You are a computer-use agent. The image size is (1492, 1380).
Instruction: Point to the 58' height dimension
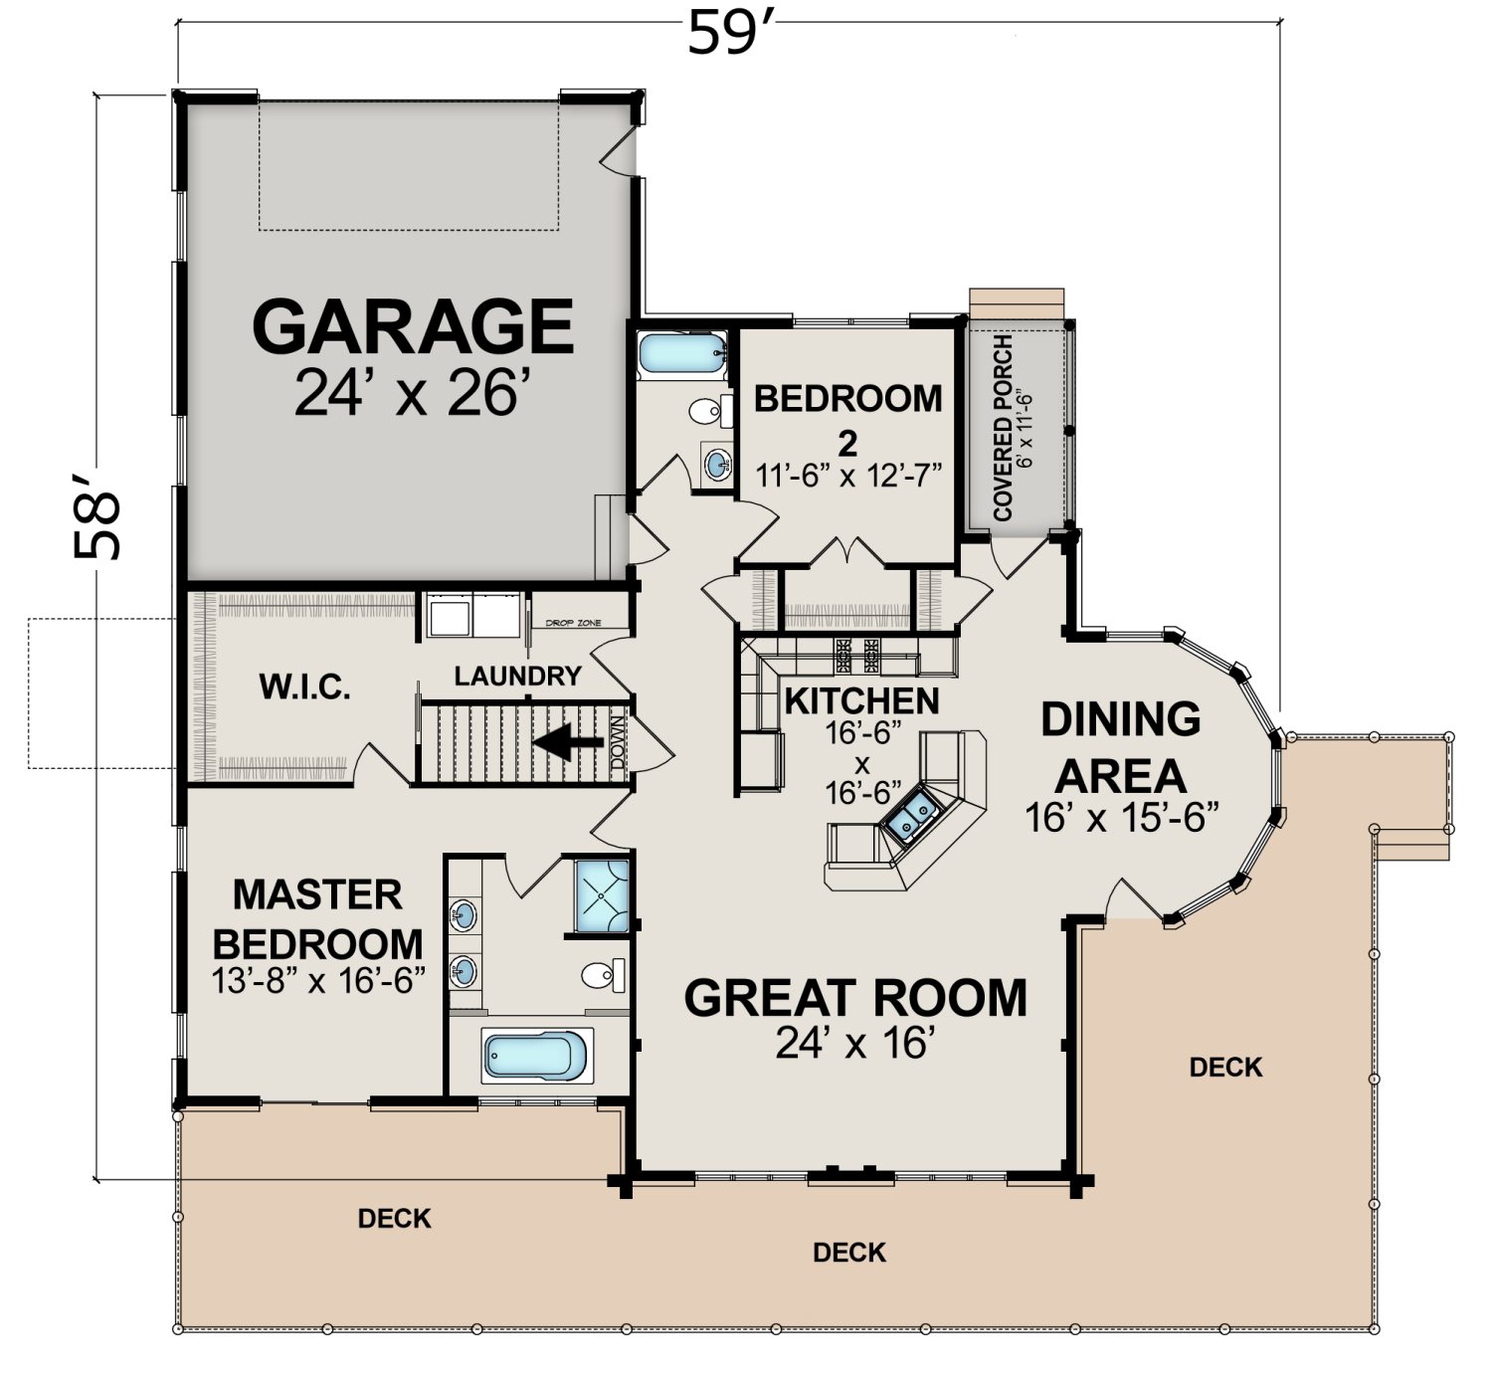[96, 516]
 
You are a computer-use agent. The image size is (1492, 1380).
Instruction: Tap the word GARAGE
[413, 325]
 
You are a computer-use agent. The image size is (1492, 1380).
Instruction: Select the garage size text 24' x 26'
[407, 392]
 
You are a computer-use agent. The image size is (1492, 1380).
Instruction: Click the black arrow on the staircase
[568, 742]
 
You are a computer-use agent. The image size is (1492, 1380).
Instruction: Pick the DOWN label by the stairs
[618, 742]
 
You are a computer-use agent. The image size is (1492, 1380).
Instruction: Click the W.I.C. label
[305, 687]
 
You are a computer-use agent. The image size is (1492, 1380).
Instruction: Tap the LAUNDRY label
[517, 676]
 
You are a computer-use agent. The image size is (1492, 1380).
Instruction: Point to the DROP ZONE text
[573, 623]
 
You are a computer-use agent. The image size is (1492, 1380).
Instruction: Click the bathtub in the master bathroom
[536, 1056]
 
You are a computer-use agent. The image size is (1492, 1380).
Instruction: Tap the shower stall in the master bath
[602, 895]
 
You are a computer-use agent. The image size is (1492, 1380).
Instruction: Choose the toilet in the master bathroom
[603, 975]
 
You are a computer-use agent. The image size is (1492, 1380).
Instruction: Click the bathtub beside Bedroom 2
[683, 353]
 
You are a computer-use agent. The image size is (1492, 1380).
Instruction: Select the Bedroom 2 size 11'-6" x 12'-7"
[848, 475]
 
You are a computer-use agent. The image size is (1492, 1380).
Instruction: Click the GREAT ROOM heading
[855, 997]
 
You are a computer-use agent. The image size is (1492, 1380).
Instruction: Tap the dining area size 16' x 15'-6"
[1121, 817]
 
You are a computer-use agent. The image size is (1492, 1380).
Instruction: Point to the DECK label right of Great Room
[1226, 1068]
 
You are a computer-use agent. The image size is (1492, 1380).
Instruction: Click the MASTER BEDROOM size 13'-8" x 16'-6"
[318, 981]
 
